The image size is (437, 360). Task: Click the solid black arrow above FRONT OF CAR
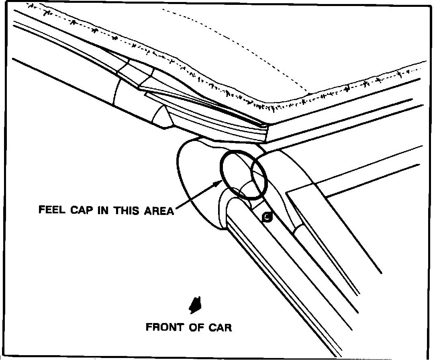point(196,305)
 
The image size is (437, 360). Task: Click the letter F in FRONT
point(149,327)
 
